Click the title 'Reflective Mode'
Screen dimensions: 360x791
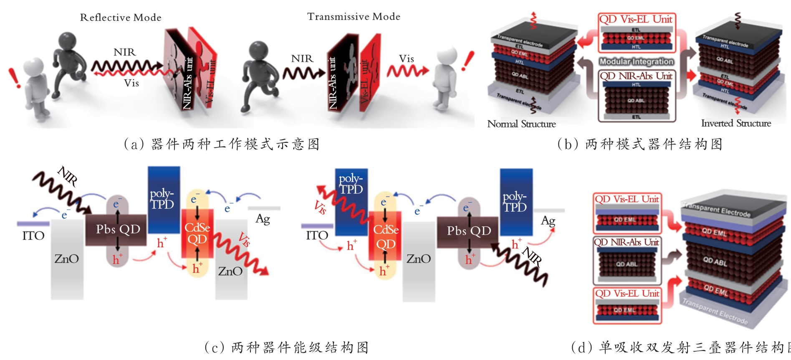coord(121,18)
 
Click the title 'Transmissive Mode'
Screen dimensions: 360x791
coord(354,17)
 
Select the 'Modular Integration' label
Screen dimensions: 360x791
coord(637,61)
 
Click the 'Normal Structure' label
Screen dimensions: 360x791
coord(521,124)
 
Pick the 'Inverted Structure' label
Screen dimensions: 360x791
coord(736,123)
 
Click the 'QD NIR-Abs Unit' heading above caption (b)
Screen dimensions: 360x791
coord(636,76)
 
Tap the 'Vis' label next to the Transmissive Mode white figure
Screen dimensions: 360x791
coord(406,59)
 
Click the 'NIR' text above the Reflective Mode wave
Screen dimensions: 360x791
coord(124,52)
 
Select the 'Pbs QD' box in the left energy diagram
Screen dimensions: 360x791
coord(117,230)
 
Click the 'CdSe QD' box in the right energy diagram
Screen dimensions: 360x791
coord(385,237)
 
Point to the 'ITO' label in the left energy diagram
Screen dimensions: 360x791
coord(33,236)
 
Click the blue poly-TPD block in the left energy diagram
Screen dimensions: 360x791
coord(164,199)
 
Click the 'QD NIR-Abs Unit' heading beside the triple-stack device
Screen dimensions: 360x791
coord(627,242)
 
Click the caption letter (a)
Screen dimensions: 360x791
coord(134,145)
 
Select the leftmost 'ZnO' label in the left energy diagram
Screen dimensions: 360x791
coord(66,259)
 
